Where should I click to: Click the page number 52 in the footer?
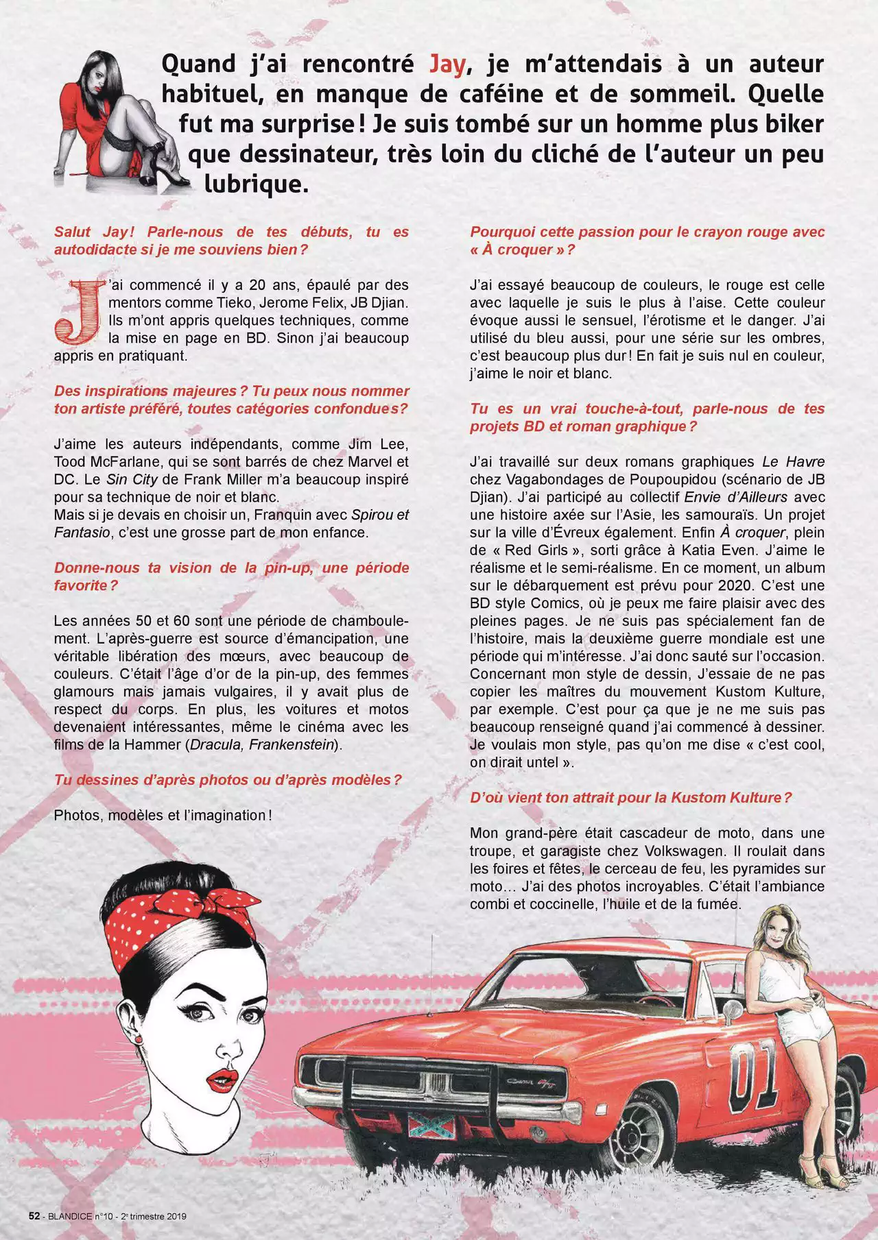pos(34,1216)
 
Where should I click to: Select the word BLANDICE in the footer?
pos(69,1217)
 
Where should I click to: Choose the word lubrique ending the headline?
pos(253,184)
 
